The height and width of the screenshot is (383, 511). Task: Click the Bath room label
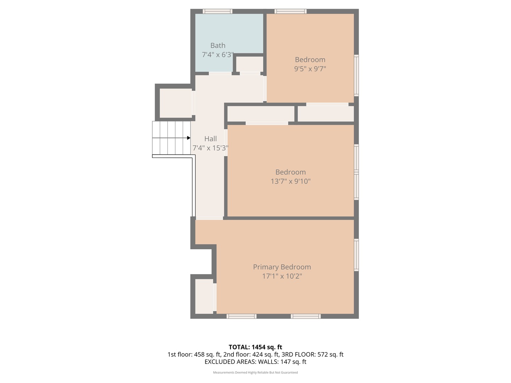[218, 45]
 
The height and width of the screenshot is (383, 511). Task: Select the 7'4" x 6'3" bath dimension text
[218, 55]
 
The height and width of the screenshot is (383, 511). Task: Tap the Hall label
[210, 139]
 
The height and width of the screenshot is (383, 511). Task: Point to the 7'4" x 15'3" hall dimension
[210, 148]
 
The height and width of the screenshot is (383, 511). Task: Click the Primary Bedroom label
[282, 267]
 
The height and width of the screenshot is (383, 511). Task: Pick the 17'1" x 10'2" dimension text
[282, 276]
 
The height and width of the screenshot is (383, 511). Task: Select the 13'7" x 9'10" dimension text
[290, 181]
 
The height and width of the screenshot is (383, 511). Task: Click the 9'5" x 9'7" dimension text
[310, 69]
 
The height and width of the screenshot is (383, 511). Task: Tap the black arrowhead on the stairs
[189, 138]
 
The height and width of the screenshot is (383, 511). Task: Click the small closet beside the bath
[249, 64]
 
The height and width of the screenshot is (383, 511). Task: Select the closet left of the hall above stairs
[176, 103]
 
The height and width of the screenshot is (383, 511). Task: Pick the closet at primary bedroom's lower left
[204, 296]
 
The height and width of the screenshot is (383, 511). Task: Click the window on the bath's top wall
[217, 11]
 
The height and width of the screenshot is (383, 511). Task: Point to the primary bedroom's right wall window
[356, 255]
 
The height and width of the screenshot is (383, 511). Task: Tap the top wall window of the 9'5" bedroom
[290, 11]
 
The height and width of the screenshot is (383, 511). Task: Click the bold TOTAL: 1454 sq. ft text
[255, 347]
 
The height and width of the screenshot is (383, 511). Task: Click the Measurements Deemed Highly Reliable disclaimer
[255, 373]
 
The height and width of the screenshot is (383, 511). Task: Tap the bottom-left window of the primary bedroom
[241, 316]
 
